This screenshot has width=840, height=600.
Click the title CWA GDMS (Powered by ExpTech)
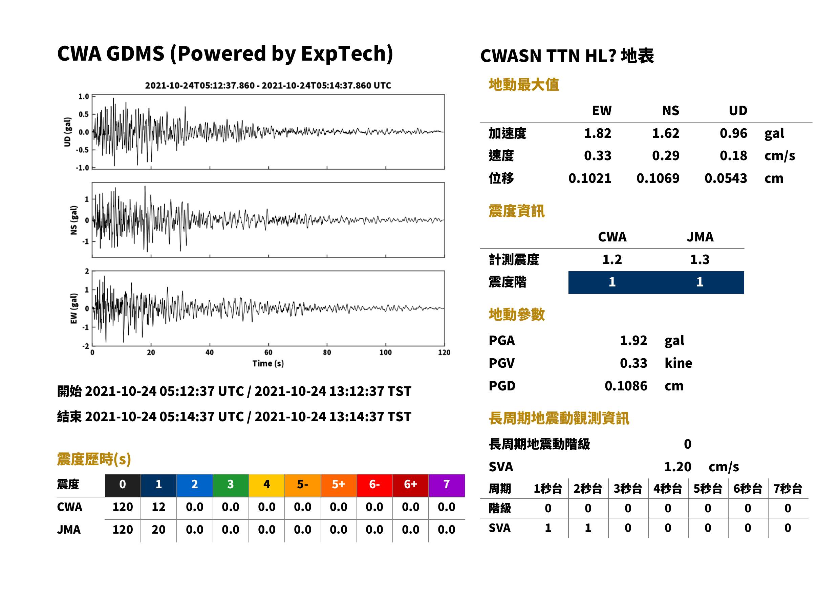pos(225,54)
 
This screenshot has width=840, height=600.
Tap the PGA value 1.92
pos(633,340)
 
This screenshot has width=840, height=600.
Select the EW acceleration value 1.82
pos(598,133)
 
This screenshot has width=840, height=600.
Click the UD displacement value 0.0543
pos(726,178)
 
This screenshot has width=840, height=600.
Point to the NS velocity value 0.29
pos(666,155)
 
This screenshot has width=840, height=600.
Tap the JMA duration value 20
pos(158,530)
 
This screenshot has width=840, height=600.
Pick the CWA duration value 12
pos(158,507)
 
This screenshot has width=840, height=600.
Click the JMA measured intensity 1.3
pos(699,259)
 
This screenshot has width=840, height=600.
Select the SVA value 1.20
pos(677,467)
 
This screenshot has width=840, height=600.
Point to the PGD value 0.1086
pos(626,386)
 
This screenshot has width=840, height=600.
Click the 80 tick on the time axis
pos(327,352)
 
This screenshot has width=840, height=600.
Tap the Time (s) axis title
pos(268,364)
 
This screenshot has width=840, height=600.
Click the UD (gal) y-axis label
pos(67,132)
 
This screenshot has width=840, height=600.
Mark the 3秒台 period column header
pos(628,488)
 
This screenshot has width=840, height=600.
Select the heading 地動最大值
pos(524,85)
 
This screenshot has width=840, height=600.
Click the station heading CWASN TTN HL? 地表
pos(567,56)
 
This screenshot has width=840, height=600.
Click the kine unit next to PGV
pos(678,363)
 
